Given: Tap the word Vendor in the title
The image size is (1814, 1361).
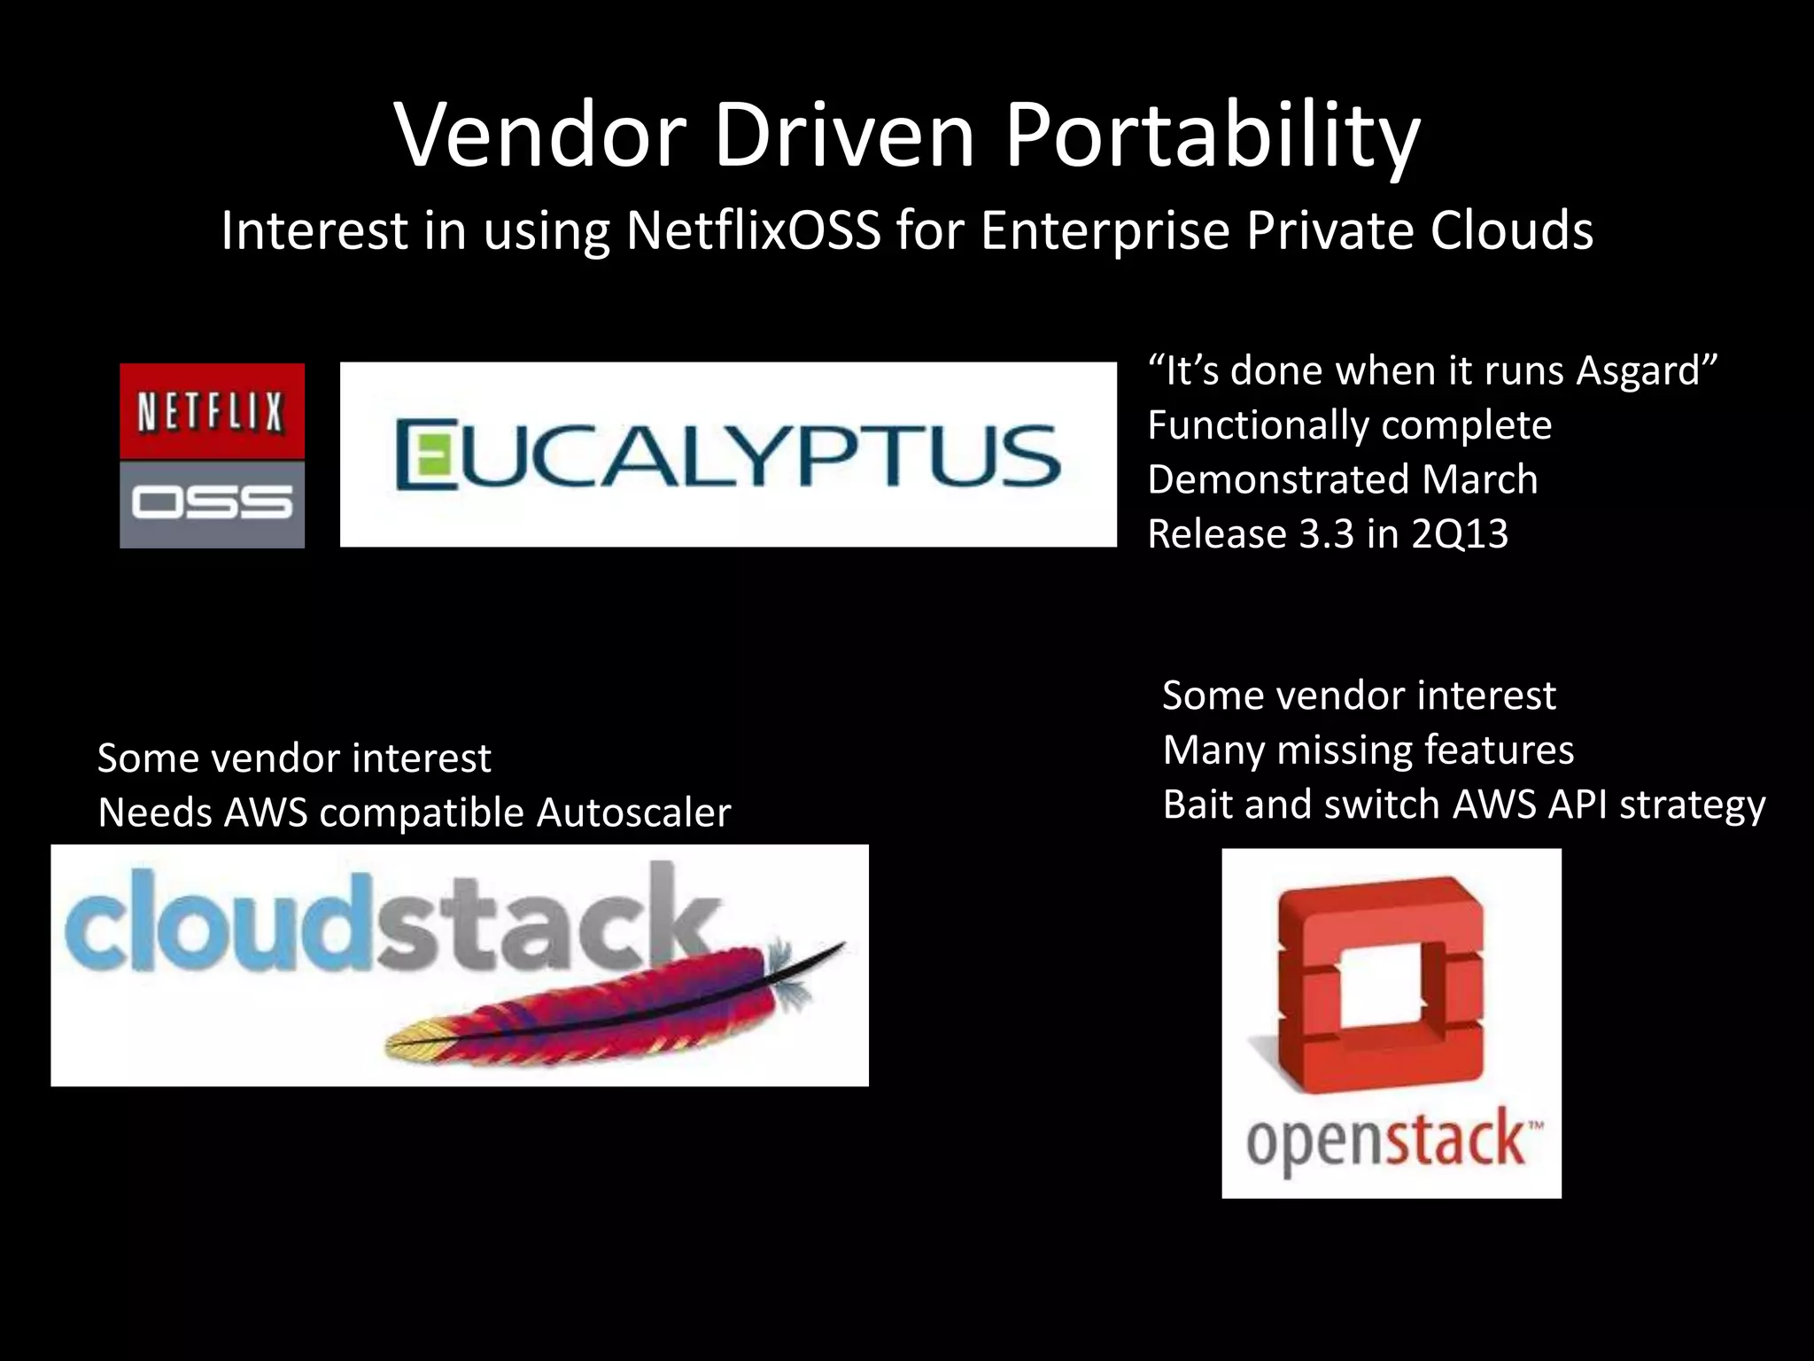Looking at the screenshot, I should [x=540, y=135].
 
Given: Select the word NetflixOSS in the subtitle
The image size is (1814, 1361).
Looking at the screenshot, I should [x=753, y=230].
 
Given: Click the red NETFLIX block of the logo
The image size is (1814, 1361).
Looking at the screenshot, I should [x=212, y=411].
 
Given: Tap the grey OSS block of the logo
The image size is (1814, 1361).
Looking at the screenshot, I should [x=212, y=504].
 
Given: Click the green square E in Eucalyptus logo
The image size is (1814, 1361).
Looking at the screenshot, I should [x=420, y=455].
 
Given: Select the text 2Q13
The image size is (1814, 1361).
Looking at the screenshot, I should [x=1460, y=534].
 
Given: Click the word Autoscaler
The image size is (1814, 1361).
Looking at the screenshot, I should [x=633, y=813].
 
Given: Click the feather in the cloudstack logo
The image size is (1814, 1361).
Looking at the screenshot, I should [x=611, y=1006].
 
